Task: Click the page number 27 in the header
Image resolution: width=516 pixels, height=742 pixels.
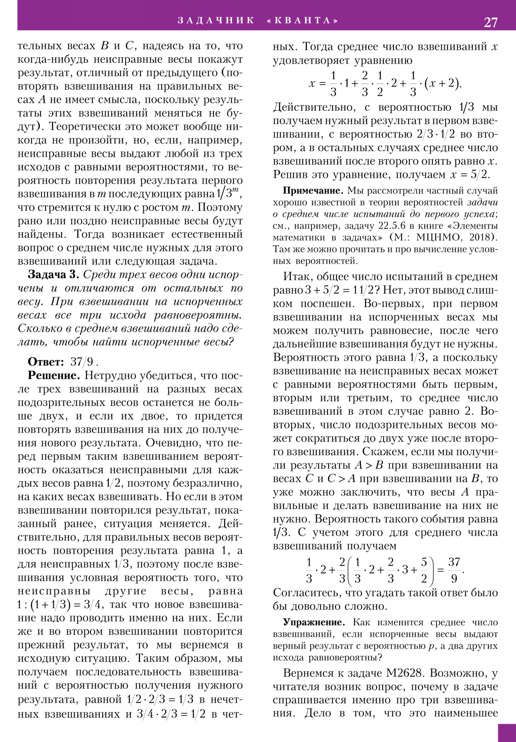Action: (490, 22)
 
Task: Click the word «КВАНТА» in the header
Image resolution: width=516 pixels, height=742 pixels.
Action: (303, 21)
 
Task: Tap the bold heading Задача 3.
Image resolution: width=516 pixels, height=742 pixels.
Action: (53, 274)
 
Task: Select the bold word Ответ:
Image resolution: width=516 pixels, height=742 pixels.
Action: (46, 362)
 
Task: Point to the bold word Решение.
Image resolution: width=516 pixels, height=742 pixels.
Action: (54, 375)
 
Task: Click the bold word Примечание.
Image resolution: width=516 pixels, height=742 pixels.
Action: (313, 191)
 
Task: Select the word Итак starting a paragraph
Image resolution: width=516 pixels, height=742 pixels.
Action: (298, 276)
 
